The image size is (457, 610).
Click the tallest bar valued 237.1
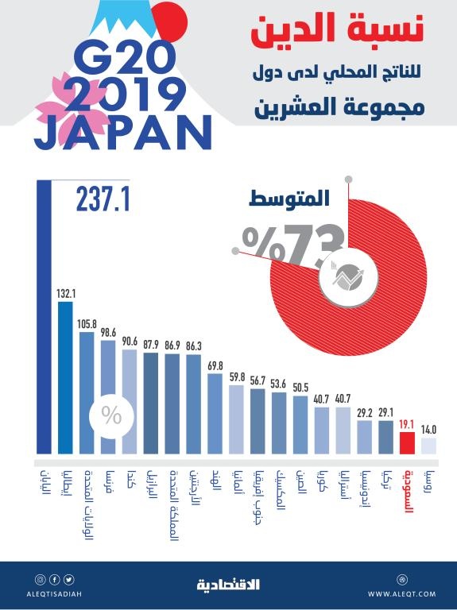(x=44, y=318)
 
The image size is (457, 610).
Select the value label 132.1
(x=65, y=294)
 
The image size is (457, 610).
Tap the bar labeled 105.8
(x=87, y=389)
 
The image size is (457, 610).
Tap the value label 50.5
(x=300, y=387)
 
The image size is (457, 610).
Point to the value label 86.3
(x=193, y=346)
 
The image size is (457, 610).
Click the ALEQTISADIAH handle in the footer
(x=56, y=594)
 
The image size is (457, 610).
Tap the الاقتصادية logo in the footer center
(x=228, y=585)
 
